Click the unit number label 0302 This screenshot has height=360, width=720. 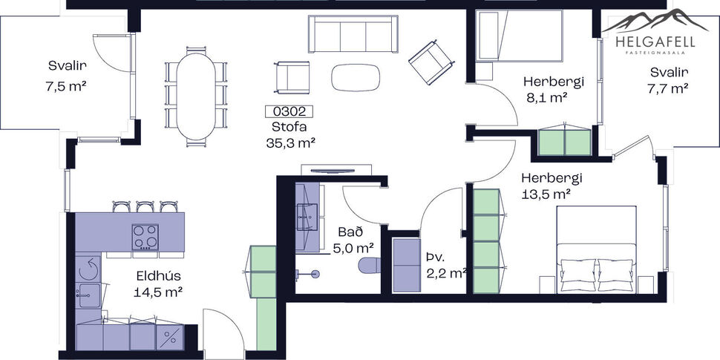289,112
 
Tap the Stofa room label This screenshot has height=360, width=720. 289,127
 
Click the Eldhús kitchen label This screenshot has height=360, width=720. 159,276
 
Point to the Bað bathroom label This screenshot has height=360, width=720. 351,232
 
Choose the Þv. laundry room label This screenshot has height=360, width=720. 434,257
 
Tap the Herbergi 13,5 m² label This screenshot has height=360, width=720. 551,178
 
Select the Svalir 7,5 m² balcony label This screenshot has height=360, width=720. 65,65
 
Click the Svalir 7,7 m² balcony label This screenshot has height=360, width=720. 669,72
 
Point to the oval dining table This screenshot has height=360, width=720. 196,94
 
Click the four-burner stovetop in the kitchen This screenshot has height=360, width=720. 145,237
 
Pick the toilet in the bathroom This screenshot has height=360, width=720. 369,265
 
